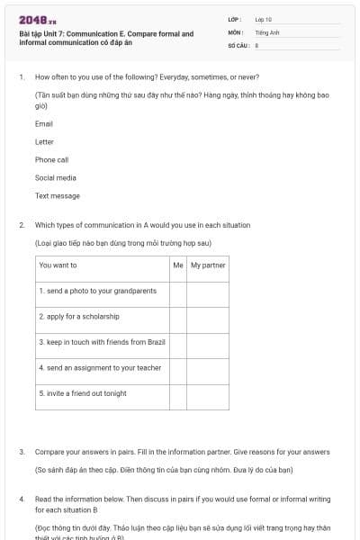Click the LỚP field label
[x=235, y=19]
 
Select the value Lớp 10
[x=263, y=19]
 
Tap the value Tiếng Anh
[x=266, y=31]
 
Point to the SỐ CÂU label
[x=238, y=44]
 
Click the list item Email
[x=44, y=124]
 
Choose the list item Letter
[x=44, y=142]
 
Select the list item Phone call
[x=51, y=160]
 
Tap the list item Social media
[x=56, y=178]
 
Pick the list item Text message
[x=58, y=196]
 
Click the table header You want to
[x=58, y=265]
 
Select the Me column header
[x=177, y=265]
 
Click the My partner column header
[x=208, y=265]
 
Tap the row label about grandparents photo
[x=98, y=292]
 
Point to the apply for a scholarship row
[x=79, y=317]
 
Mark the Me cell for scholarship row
[x=177, y=317]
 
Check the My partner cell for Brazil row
[x=208, y=342]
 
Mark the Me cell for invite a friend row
[x=177, y=393]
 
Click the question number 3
[x=22, y=452]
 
